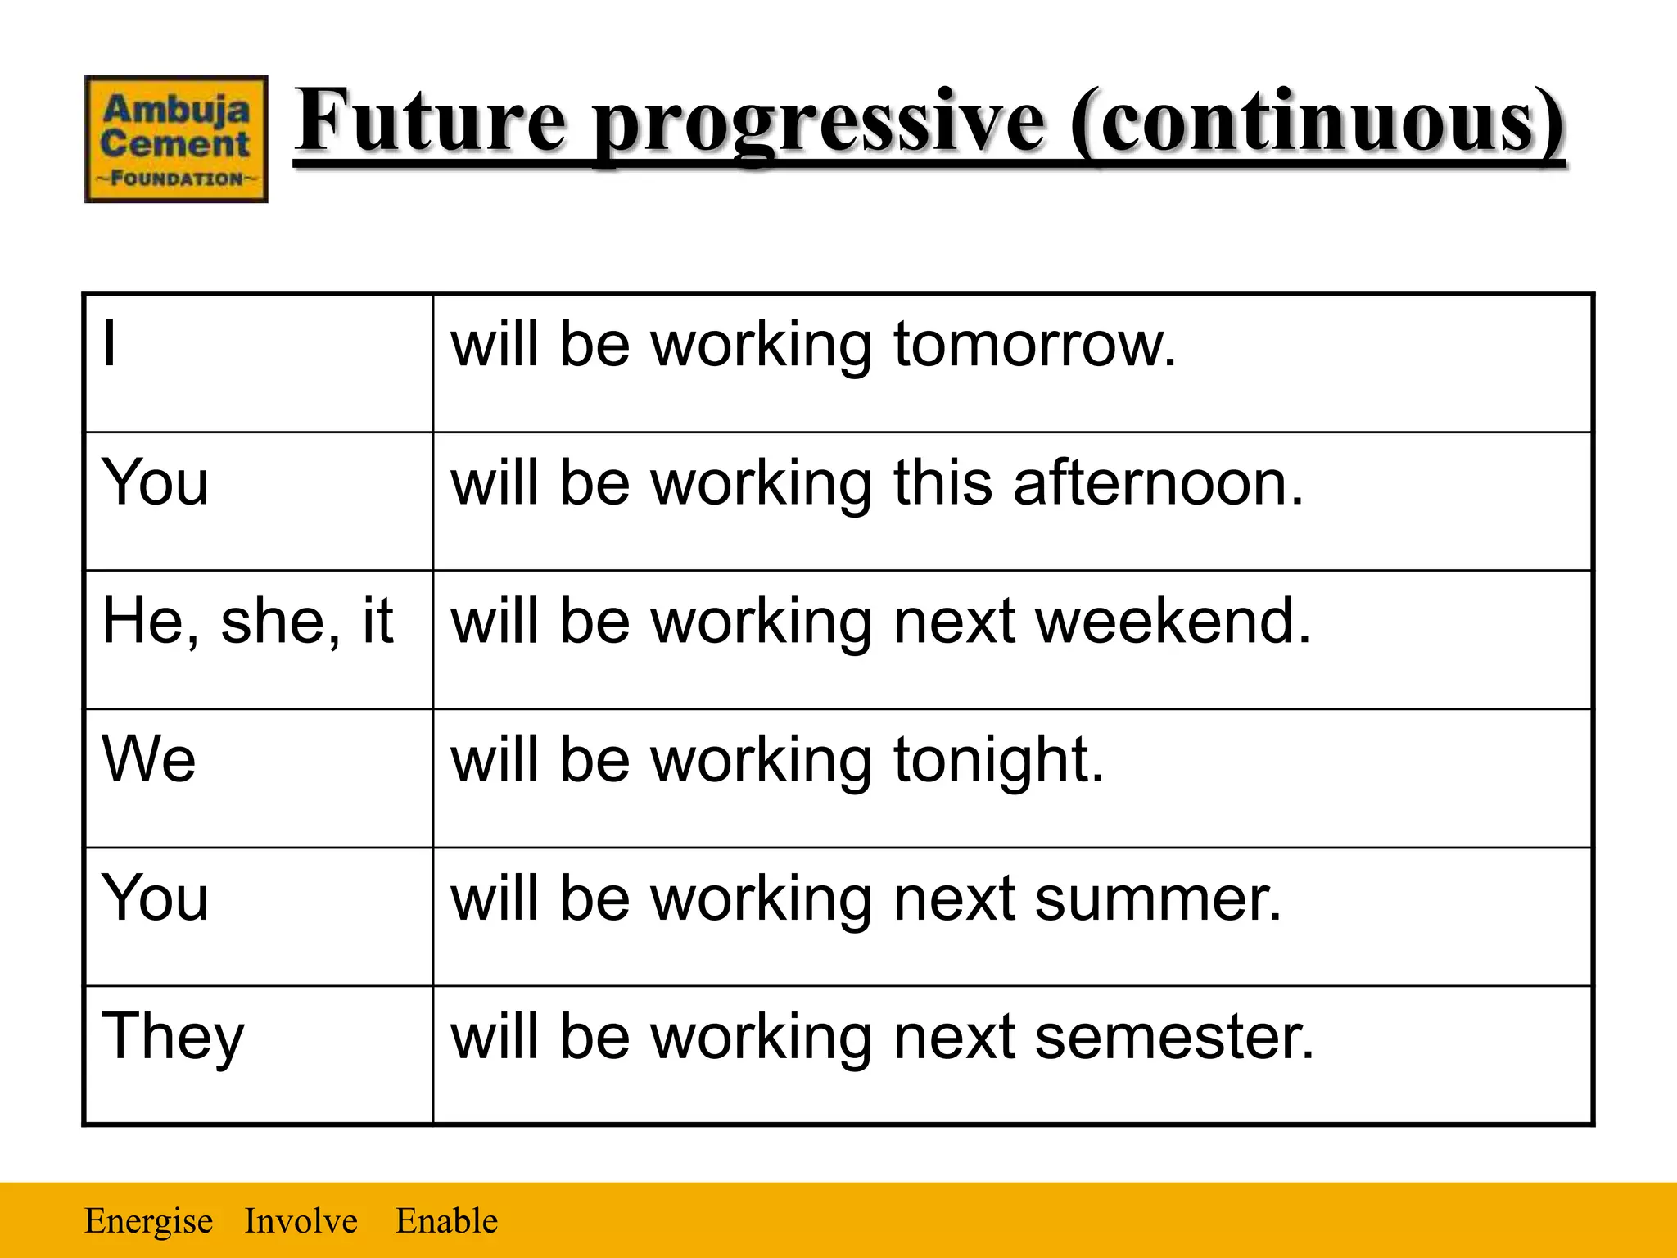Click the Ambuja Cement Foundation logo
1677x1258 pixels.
point(176,139)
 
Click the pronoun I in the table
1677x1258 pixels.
point(110,344)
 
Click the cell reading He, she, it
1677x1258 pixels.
point(247,622)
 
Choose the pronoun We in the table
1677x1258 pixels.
point(149,759)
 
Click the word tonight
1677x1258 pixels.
point(998,761)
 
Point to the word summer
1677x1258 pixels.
point(1158,898)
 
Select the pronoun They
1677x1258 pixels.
point(173,1037)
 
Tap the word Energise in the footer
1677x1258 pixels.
point(149,1221)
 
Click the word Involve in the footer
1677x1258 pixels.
point(301,1221)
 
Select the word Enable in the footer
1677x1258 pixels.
point(446,1221)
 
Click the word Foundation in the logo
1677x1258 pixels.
point(176,179)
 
